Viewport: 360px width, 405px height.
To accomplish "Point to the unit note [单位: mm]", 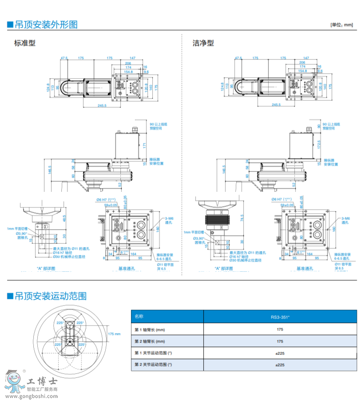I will (x=343, y=24).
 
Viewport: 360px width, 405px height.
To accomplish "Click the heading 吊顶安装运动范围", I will (x=50, y=296).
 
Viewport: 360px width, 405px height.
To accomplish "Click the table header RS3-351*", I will (x=280, y=317).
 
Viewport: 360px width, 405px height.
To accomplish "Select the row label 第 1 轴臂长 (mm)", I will (x=150, y=330).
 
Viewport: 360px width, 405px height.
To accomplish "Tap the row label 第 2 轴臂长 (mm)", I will (x=150, y=341).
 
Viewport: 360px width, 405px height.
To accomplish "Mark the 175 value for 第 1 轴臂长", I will (x=280, y=330).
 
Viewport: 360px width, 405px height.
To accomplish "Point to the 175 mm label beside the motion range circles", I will (x=114, y=333).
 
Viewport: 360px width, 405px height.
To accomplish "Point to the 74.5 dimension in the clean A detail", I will (x=242, y=218).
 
